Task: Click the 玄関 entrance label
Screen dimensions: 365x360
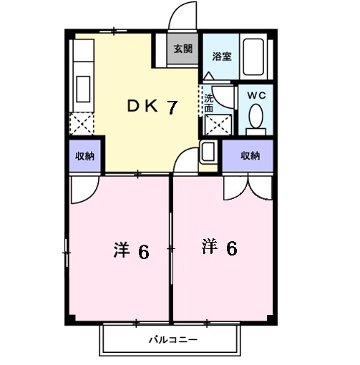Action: pos(183,49)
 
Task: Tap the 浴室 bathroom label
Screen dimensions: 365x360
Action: pos(221,55)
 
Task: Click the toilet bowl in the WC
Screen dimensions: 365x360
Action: pos(256,116)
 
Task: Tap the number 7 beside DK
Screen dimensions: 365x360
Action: pos(172,107)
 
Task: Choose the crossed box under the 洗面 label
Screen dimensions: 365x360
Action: pos(218,124)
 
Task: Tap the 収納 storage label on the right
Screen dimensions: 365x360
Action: pos(250,155)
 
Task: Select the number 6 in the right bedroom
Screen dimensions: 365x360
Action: pos(232,248)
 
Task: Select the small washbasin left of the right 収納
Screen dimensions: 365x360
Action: pos(209,152)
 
